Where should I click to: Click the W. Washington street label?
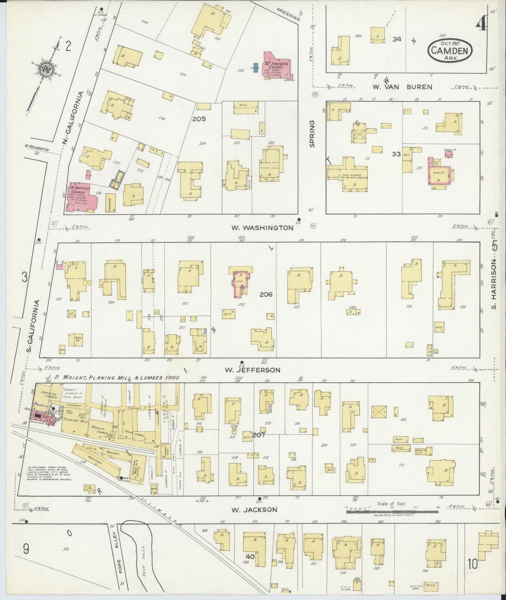point(262,228)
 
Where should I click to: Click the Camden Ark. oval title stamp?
point(450,50)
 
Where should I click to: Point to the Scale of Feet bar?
point(392,511)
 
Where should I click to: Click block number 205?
point(199,119)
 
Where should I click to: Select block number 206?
point(266,295)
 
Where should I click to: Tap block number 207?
point(258,435)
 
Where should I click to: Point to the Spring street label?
point(312,134)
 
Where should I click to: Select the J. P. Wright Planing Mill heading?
point(112,378)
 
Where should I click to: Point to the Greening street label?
point(289,14)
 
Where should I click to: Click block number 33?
point(396,154)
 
